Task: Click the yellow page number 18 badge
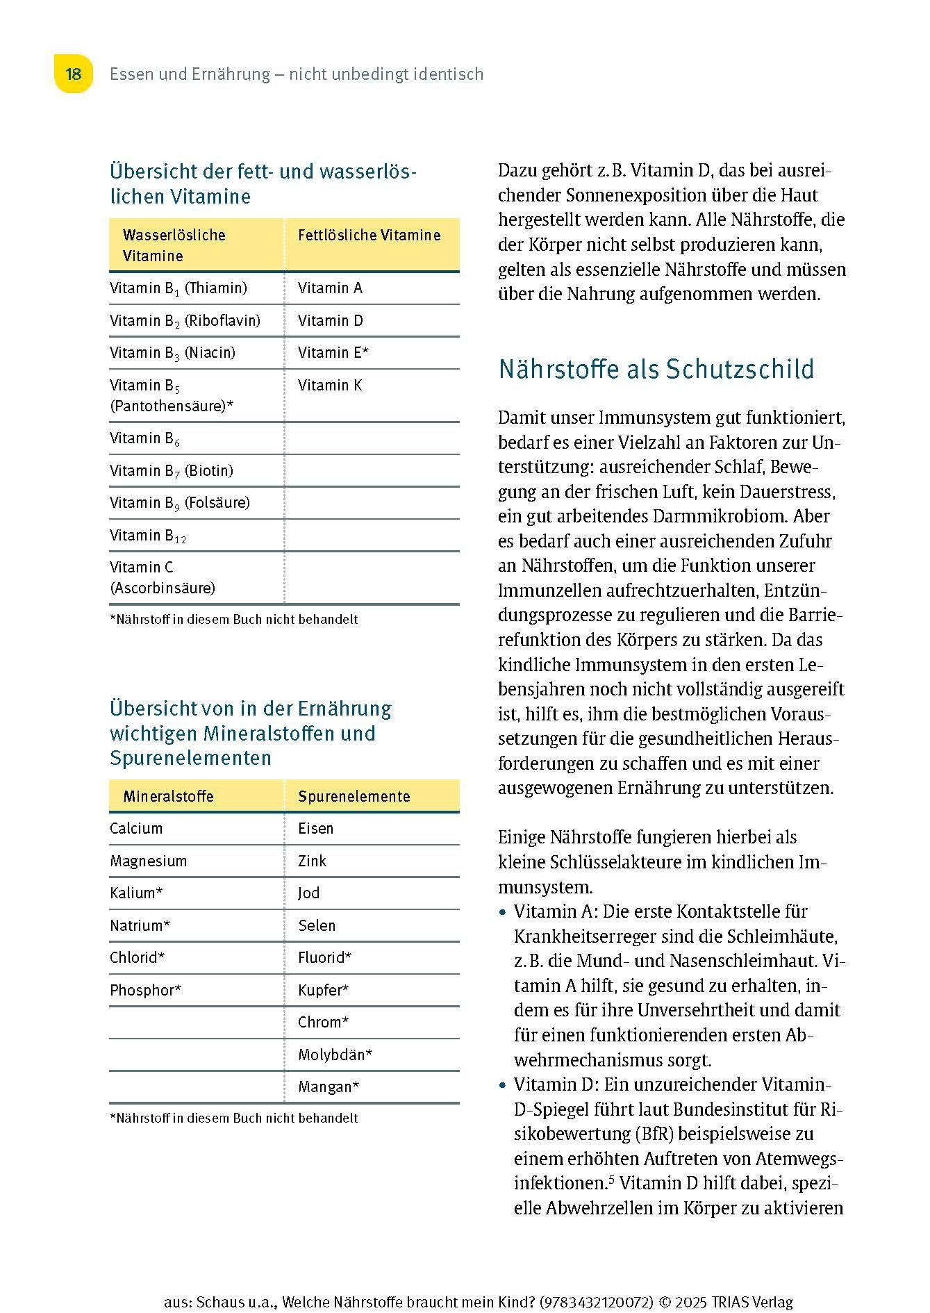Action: click(x=74, y=74)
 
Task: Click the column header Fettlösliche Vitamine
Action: click(x=369, y=236)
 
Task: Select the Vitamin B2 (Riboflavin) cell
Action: click(x=185, y=321)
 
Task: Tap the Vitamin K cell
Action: click(x=330, y=386)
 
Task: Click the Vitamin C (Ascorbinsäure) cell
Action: click(x=163, y=578)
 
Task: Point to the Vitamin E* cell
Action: click(x=333, y=353)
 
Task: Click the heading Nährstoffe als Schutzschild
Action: click(x=656, y=369)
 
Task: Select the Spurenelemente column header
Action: click(x=354, y=797)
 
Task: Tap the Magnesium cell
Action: click(x=148, y=861)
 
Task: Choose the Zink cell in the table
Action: click(x=312, y=861)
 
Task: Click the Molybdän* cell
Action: click(x=335, y=1055)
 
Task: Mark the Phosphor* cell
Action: click(x=145, y=991)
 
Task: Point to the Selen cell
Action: click(x=317, y=926)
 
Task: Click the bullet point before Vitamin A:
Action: click(x=504, y=912)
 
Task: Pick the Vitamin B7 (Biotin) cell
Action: click(x=171, y=471)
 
